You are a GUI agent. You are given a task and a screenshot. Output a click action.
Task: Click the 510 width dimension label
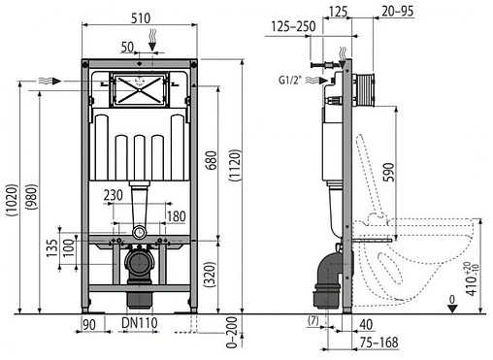141,18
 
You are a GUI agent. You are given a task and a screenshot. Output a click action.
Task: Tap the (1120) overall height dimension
235,165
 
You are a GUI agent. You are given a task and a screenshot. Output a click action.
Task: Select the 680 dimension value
211,161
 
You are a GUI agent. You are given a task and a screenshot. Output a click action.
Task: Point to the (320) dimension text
211,274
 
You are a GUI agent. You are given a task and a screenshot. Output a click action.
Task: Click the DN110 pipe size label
140,323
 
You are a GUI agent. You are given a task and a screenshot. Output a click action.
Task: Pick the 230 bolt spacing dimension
114,195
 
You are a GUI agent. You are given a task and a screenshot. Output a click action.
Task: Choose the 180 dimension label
177,216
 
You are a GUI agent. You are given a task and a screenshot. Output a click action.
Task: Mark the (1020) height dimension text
13,200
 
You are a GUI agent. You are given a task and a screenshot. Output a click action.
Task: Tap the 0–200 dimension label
232,333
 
